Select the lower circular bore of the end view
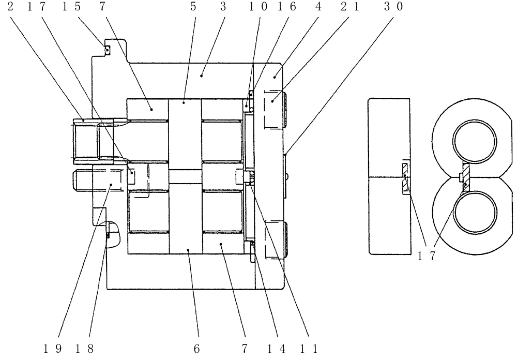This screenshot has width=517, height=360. [474, 214]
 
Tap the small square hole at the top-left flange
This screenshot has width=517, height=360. [107, 50]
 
